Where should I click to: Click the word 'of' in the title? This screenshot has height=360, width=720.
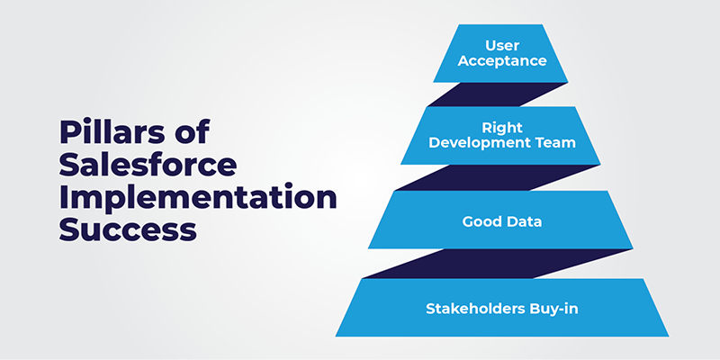pos(195,132)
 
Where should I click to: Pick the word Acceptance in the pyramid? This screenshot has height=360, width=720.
pos(502,60)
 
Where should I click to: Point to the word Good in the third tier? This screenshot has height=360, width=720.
pos(480,221)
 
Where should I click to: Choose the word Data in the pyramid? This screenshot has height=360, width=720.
pos(523,221)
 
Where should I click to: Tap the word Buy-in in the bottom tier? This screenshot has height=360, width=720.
pos(557,309)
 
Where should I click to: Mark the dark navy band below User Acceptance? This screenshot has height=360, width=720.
pos(498,94)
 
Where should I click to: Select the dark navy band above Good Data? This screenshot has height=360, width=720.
pos(499,177)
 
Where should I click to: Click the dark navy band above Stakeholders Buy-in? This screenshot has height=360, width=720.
pos(498,264)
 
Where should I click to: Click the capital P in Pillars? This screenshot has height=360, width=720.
pos(69,132)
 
